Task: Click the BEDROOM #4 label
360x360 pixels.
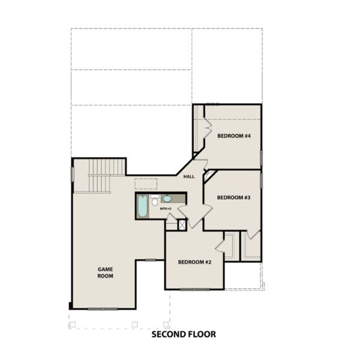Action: pos(233,136)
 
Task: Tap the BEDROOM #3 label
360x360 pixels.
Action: pos(233,197)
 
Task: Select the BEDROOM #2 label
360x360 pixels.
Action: pos(194,262)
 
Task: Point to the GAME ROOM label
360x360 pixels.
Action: pos(106,272)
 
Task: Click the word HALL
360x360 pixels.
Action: pos(189,176)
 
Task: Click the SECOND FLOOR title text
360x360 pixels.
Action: pos(183,334)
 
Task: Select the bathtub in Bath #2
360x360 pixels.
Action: pos(143,206)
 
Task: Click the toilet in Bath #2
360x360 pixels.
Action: pos(155,200)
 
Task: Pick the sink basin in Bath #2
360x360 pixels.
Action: pos(167,198)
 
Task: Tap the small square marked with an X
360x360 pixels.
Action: pos(182,224)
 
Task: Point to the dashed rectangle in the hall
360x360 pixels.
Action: pos(145,184)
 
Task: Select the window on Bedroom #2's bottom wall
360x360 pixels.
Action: pos(194,289)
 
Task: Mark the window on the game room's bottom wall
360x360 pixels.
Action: pos(103,308)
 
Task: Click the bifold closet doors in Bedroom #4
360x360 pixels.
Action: pos(207,127)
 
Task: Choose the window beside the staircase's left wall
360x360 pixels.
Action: pos(73,173)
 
